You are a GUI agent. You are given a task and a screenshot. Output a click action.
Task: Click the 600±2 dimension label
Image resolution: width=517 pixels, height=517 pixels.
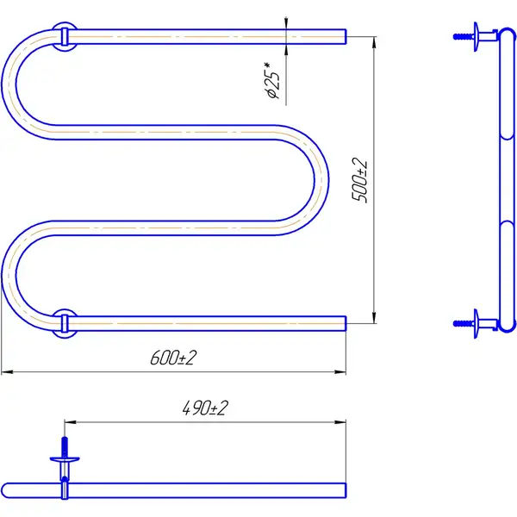tap(173, 358)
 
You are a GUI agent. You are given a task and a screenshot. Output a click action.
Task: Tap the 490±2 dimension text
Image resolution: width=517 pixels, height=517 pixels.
tap(205, 408)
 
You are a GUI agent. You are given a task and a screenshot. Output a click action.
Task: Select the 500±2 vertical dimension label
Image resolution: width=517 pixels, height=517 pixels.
tap(359, 180)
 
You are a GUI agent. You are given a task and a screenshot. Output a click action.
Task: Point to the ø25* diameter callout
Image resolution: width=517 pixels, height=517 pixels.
tap(272, 80)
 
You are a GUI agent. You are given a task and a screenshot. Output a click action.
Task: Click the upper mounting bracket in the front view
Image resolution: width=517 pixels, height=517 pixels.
tap(65, 36)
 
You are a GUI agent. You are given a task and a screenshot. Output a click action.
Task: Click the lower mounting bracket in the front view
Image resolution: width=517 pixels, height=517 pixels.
tap(65, 323)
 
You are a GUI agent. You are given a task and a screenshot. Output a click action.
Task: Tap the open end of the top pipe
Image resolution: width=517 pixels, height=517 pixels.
tap(346, 36)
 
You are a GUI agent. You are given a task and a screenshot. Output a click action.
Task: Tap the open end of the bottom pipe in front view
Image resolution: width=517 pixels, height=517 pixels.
tap(346, 323)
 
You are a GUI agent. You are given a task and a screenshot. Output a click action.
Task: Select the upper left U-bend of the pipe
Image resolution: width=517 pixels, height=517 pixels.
tap(9, 84)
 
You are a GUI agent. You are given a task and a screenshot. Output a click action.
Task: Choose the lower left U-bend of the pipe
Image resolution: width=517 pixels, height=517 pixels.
tap(9, 276)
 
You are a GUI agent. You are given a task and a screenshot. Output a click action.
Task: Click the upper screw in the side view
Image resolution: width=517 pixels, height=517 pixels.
tap(464, 36)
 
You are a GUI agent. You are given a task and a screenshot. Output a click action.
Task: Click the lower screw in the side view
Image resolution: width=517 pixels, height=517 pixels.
tap(464, 323)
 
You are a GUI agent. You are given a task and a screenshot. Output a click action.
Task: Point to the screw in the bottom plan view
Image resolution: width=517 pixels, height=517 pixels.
tap(65, 447)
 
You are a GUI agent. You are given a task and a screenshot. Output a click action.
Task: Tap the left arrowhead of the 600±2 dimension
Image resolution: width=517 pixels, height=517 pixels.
tap(7, 372)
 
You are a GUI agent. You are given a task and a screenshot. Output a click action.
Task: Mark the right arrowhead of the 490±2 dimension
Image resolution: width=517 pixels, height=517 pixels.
tap(340, 422)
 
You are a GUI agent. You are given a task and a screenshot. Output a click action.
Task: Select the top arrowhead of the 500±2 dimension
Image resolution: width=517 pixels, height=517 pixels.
tap(374, 42)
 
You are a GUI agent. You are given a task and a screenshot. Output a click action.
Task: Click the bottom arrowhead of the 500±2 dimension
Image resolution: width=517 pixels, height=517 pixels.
tap(374, 317)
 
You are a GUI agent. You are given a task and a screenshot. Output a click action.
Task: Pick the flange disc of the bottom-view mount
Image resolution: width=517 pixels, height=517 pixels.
tap(65, 459)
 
